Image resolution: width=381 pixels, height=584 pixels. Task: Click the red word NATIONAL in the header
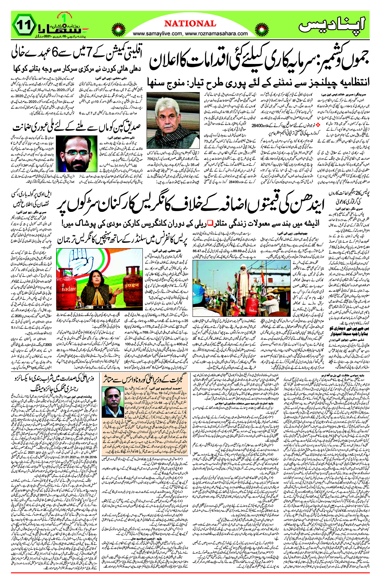(190, 24)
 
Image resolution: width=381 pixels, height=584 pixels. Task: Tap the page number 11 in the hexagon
(25, 26)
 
